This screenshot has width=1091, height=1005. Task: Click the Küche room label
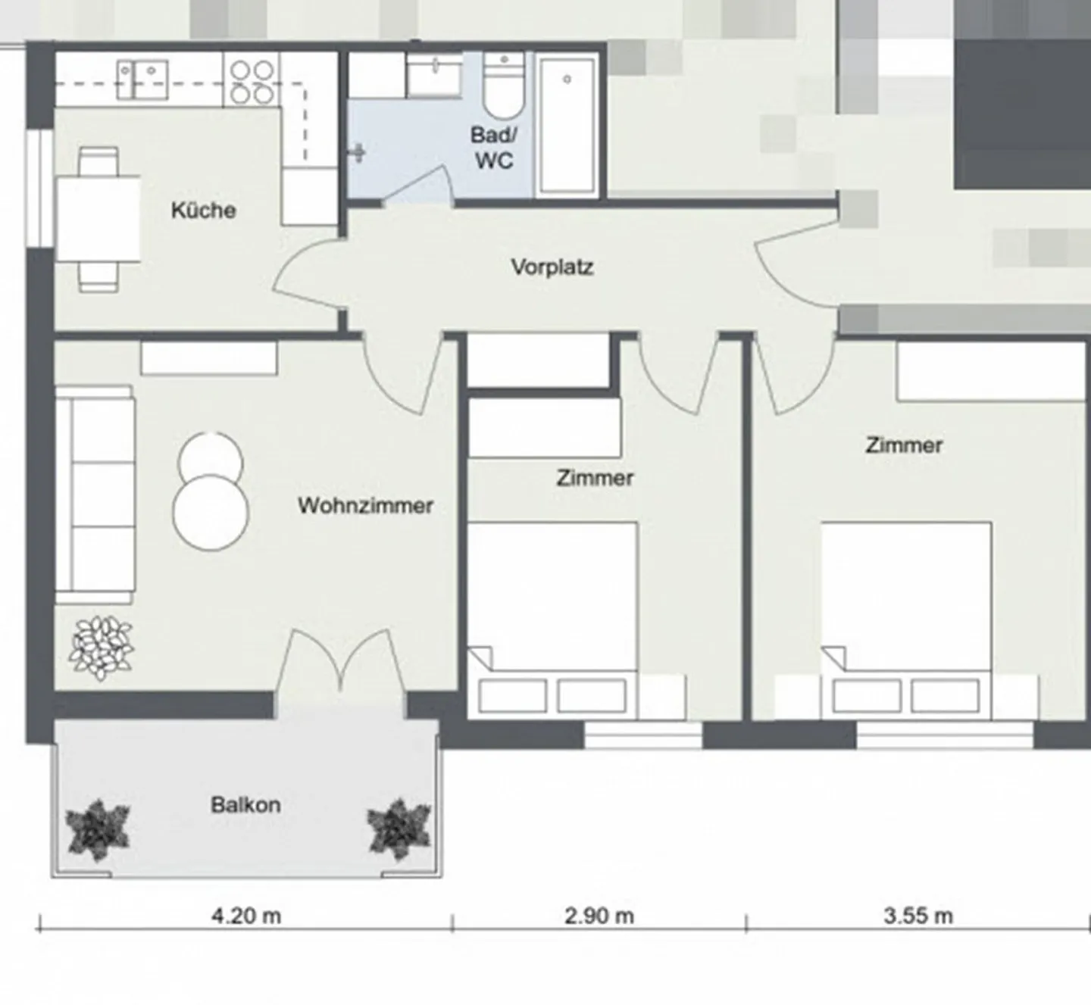tap(203, 210)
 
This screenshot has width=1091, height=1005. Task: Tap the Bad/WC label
tap(494, 148)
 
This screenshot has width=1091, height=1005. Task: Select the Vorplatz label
tap(552, 267)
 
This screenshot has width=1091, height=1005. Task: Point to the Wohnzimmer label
tap(365, 506)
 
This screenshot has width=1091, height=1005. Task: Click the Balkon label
tap(245, 805)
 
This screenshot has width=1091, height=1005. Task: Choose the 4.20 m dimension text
tap(245, 916)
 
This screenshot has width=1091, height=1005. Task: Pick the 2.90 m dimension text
tap(599, 916)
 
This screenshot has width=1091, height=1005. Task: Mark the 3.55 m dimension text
tap(918, 916)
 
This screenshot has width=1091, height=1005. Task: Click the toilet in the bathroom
tap(504, 85)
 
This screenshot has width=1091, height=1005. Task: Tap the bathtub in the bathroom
tap(566, 125)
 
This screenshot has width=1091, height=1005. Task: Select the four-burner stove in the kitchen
tap(252, 80)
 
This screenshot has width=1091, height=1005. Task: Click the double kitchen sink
tap(142, 80)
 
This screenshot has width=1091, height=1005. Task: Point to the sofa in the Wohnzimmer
tap(95, 495)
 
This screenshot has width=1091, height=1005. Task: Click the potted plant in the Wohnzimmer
tap(102, 648)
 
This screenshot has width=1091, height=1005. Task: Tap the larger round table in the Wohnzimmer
tap(211, 512)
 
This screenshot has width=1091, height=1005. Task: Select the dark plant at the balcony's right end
tap(399, 830)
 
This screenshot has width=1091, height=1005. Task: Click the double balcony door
tap(341, 660)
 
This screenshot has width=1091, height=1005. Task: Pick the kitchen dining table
tap(98, 219)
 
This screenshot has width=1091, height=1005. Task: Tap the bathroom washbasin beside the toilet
tap(435, 75)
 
